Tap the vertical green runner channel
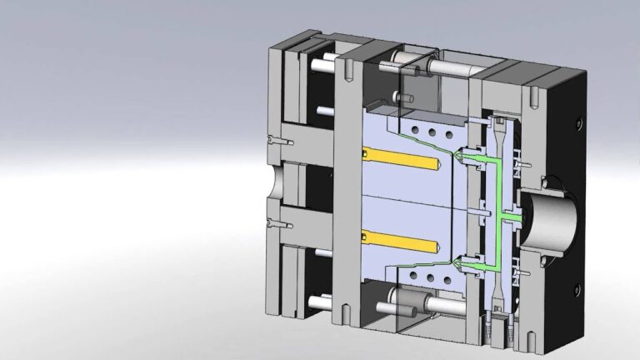498,200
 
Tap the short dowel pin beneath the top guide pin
407,98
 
